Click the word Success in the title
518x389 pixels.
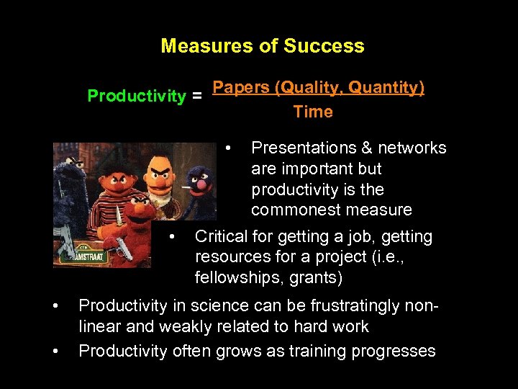(324, 46)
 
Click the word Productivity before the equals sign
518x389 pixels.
(136, 97)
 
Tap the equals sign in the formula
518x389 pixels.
(196, 97)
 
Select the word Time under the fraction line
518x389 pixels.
(313, 112)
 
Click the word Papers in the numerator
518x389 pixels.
(242, 88)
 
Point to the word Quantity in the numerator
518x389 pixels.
(387, 88)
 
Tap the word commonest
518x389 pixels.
(291, 210)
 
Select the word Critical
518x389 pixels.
(222, 236)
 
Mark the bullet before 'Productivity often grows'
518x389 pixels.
(55, 351)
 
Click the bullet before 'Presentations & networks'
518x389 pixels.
(228, 148)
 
